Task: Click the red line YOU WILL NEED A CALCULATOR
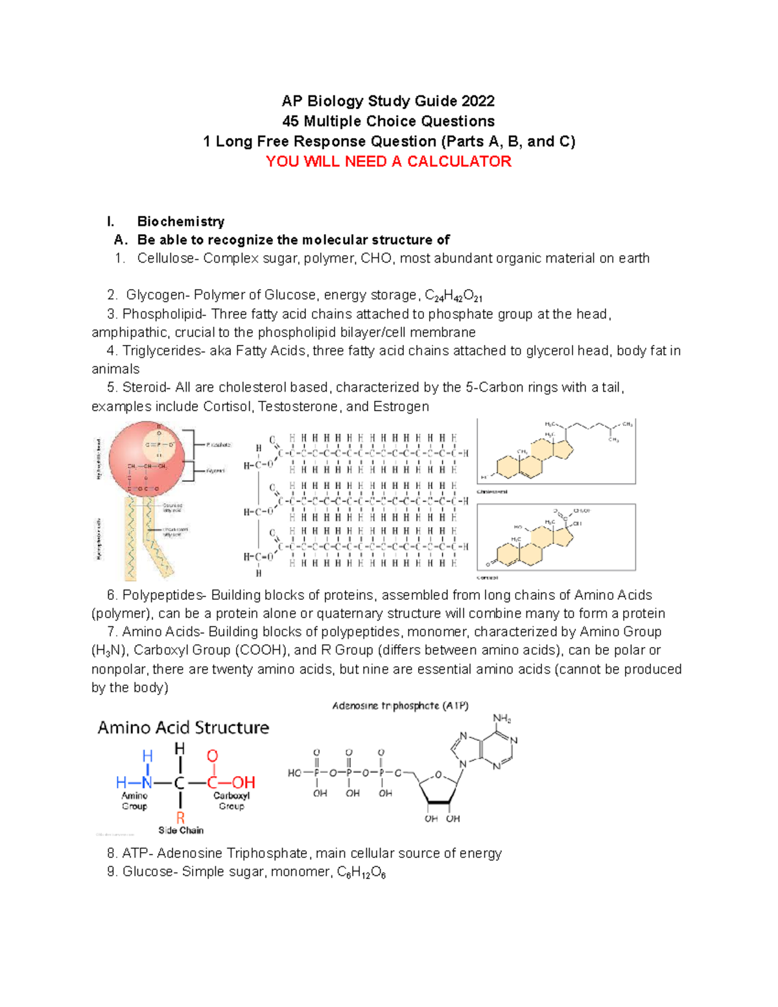388,161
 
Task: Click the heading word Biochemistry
180,222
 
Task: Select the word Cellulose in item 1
165,258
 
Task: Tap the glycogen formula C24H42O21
453,296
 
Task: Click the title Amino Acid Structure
183,728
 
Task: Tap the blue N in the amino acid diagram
147,783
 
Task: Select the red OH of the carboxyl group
243,783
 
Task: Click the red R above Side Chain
180,818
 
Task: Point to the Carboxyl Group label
231,801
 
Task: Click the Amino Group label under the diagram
134,801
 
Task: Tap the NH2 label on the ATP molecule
502,718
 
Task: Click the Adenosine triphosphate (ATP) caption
400,705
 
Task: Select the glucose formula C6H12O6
361,873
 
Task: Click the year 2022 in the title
478,101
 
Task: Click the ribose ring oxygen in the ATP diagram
438,775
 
